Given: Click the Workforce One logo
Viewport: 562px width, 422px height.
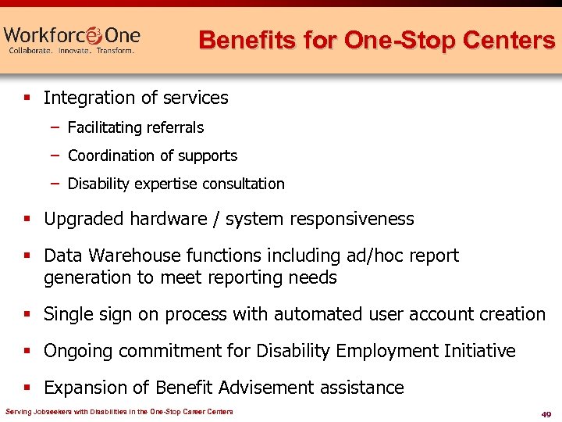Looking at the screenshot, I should (72, 39).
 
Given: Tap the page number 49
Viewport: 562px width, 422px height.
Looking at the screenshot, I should (546, 413).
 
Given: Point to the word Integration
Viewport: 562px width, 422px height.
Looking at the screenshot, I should (87, 98).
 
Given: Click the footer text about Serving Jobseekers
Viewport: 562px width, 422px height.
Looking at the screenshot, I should (119, 412).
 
